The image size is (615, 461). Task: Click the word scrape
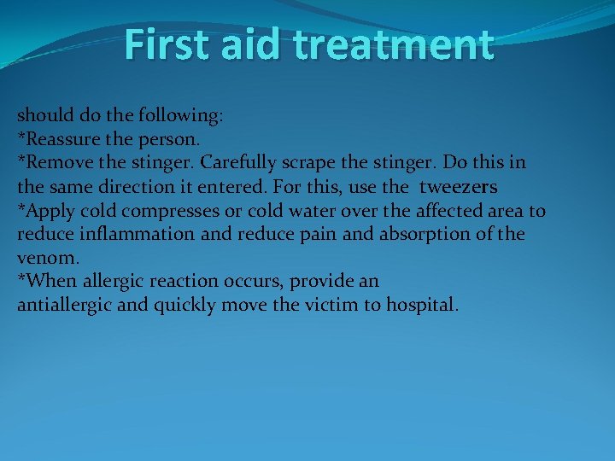pos(319,161)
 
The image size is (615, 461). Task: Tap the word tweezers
pos(459,186)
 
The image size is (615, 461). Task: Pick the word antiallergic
pos(64,305)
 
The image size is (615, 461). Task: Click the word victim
pos(319,305)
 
